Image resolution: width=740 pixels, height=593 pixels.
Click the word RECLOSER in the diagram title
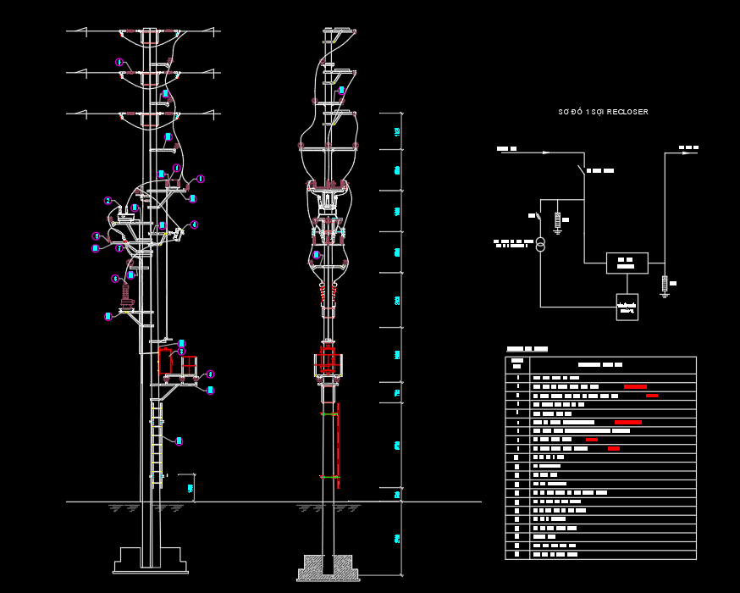tap(628, 112)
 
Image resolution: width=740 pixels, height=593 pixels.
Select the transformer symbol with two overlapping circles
tap(539, 245)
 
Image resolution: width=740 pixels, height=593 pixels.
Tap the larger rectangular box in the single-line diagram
tap(627, 263)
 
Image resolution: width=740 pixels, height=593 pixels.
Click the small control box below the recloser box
tap(627, 307)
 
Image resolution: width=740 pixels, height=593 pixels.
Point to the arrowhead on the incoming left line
tap(546, 152)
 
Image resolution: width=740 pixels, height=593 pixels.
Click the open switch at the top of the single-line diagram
tap(582, 169)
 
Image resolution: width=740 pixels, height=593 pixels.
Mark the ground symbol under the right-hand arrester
tap(665, 293)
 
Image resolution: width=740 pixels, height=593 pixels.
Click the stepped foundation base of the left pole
tap(150, 561)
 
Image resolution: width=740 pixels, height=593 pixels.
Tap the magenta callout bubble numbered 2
tap(108, 201)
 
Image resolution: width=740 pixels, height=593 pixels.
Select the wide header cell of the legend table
tap(612, 364)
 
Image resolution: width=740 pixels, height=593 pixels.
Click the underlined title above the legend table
tap(527, 349)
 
